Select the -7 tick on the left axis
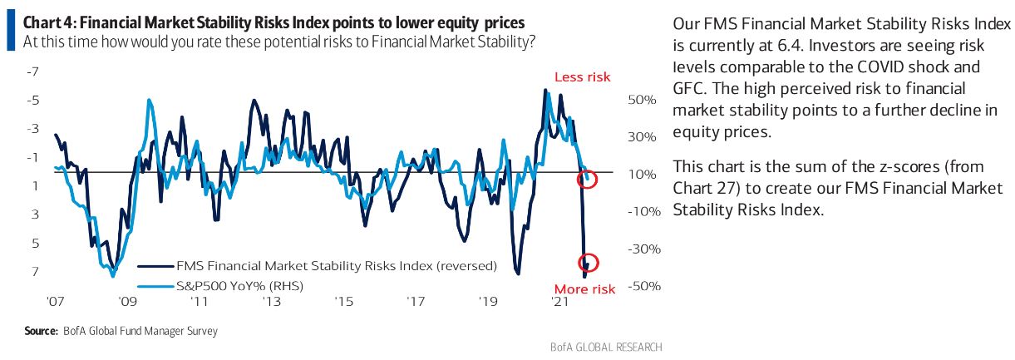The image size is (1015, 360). (x=34, y=72)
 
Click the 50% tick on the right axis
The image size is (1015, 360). (x=643, y=100)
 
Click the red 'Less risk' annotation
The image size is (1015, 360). (x=582, y=76)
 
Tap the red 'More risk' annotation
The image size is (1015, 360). (x=584, y=289)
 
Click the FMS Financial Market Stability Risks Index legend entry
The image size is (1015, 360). (x=337, y=267)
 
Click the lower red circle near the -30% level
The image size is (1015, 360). (x=588, y=263)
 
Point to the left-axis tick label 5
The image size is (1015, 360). (x=36, y=244)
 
